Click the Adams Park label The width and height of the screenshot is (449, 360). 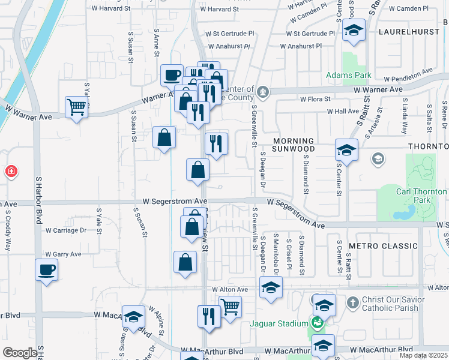click(348, 76)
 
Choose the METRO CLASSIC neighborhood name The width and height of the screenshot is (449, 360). click(383, 246)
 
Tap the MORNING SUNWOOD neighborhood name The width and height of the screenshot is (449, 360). click(294, 145)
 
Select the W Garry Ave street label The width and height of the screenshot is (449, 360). click(62, 254)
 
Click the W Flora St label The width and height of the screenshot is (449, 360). click(316, 98)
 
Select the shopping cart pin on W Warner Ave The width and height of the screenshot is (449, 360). click(77, 107)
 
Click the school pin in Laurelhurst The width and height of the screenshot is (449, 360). click(354, 30)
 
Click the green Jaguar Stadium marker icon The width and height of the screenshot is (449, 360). click(318, 323)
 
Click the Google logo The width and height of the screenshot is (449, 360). click(20, 353)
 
